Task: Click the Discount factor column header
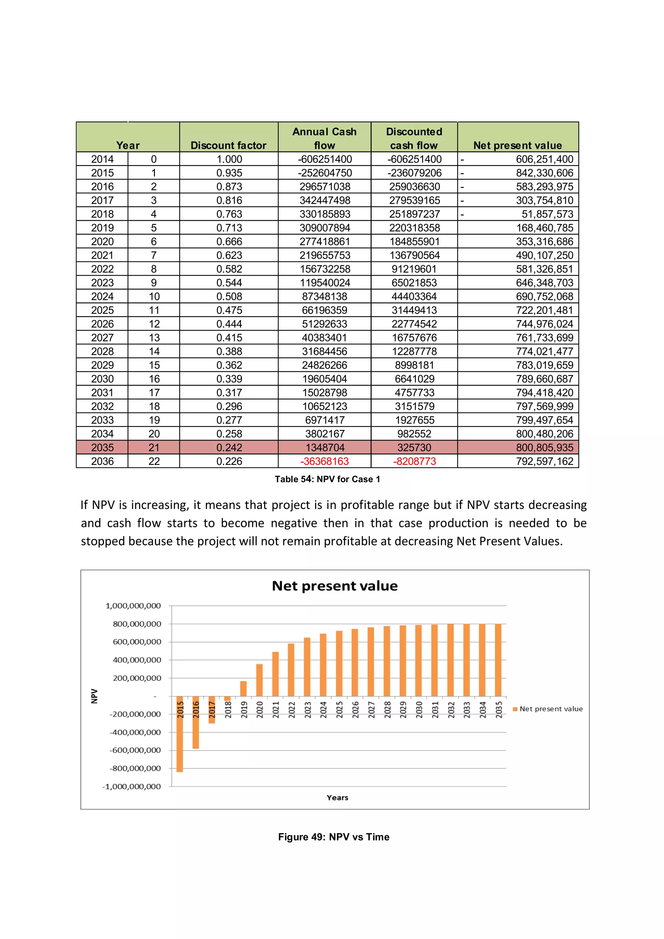(x=228, y=145)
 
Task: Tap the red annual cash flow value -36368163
(x=324, y=461)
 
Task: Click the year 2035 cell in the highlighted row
(x=102, y=447)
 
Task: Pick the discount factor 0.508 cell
(x=229, y=296)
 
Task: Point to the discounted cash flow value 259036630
(x=414, y=187)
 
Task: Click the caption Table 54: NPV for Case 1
(x=327, y=479)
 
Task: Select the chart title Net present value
(x=335, y=586)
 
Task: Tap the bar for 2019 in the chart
(x=243, y=689)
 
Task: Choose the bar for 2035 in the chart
(x=498, y=660)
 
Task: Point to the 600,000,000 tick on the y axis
(x=136, y=642)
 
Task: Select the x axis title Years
(x=337, y=798)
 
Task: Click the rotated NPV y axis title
(x=94, y=696)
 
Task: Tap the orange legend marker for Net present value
(x=515, y=709)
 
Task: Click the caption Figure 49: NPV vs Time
(x=334, y=837)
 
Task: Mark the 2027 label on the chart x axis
(x=371, y=709)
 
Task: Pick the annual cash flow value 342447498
(x=324, y=200)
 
